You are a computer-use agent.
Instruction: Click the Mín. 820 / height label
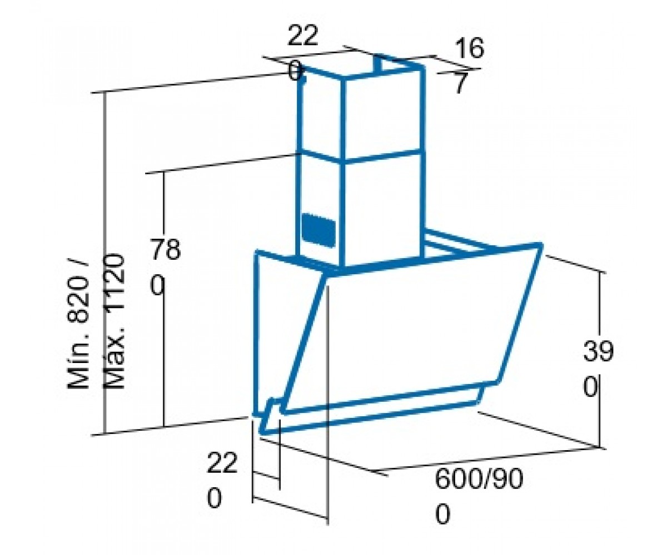78,324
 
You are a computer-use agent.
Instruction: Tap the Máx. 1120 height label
114,321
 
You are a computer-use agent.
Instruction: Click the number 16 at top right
469,48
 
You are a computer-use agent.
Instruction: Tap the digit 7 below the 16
460,83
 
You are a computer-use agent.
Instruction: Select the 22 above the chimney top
303,36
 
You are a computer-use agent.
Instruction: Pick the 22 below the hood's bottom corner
222,463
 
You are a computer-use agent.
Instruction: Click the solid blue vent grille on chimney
318,230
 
